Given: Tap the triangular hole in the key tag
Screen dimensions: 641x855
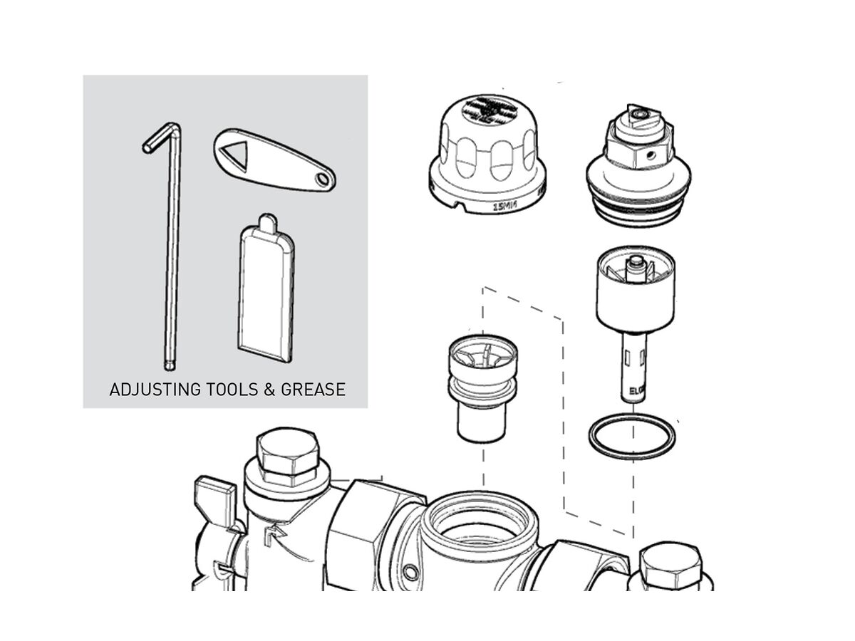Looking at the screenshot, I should (234, 154).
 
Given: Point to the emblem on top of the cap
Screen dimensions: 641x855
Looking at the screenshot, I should (486, 110).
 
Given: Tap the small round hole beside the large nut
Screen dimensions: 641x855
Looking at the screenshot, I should (411, 572).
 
